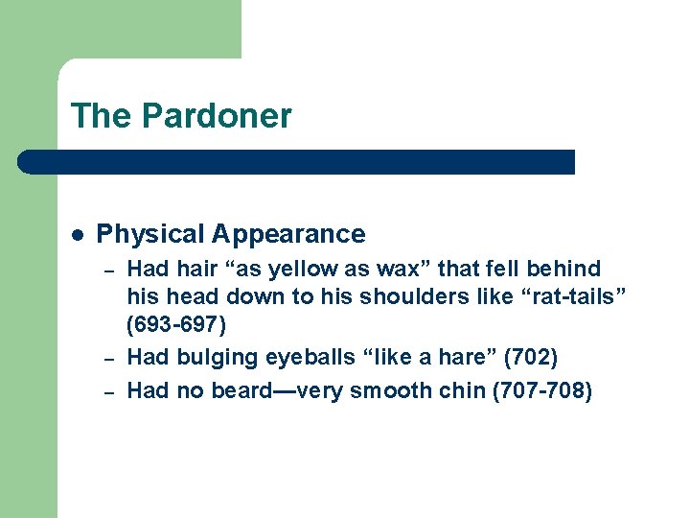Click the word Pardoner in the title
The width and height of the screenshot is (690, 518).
click(217, 116)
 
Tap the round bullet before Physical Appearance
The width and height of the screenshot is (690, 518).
click(79, 234)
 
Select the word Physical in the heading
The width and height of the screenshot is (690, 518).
click(150, 234)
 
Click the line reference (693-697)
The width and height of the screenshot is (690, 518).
click(177, 325)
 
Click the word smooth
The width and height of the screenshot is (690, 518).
click(389, 389)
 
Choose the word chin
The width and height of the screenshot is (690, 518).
click(457, 389)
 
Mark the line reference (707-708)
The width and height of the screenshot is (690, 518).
click(540, 389)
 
